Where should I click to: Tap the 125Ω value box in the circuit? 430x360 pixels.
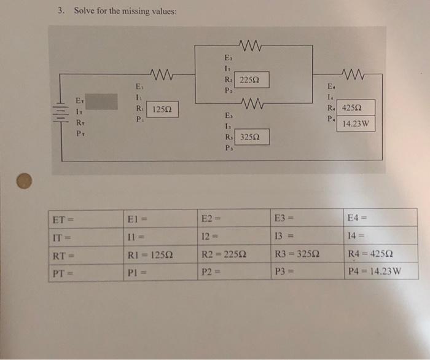coord(163,109)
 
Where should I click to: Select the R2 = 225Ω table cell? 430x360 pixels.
coord(233,253)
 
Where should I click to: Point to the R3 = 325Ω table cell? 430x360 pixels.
coord(307,253)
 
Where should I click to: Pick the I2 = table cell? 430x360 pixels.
coord(233,235)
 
